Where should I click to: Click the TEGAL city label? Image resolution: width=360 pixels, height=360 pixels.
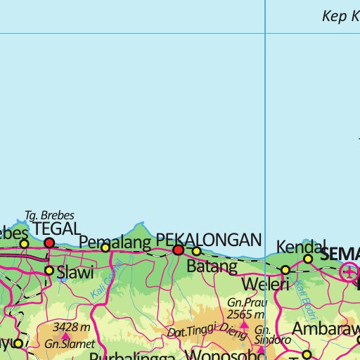click(57, 229)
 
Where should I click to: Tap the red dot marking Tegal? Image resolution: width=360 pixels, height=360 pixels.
click(49, 243)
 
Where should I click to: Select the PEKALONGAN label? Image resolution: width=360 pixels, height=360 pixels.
click(208, 239)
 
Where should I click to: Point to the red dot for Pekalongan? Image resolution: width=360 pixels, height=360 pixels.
click(179, 250)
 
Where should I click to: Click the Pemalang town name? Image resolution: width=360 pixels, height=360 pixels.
click(115, 242)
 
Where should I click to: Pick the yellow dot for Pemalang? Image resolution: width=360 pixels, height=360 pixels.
click(105, 247)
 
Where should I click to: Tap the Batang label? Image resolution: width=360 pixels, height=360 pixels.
click(212, 266)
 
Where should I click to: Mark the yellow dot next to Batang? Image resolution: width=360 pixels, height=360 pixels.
click(196, 251)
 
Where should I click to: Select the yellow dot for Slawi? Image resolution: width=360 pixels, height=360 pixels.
click(49, 270)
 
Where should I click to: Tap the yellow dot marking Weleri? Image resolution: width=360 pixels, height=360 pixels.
click(285, 270)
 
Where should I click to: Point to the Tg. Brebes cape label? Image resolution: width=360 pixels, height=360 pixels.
click(49, 216)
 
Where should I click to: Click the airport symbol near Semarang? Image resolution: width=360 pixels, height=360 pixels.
click(349, 271)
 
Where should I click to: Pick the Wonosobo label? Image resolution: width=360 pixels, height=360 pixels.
click(218, 355)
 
